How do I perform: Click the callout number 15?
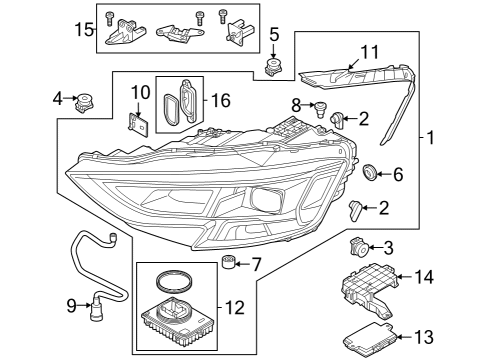[84, 30]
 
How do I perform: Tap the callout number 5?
[274, 35]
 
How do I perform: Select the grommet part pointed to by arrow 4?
[83, 103]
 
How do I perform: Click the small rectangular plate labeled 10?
[138, 125]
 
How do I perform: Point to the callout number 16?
[221, 100]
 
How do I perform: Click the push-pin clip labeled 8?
[320, 109]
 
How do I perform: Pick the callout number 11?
[370, 53]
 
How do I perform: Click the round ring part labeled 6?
[369, 172]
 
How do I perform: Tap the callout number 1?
[430, 137]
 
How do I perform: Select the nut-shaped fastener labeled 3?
[358, 248]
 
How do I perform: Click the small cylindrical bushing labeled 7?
[228, 262]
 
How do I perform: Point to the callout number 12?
[235, 307]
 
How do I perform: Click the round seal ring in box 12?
[175, 282]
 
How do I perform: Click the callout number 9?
[71, 306]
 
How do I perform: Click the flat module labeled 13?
[370, 340]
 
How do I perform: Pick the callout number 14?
[424, 277]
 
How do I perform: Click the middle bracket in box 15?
[180, 33]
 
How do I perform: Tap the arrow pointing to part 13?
[405, 337]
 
